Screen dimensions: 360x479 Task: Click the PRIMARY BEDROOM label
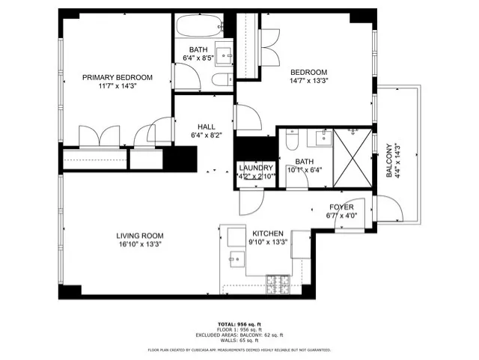coord(118,77)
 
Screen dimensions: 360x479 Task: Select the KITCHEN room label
coord(268,233)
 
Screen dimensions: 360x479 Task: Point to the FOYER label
coord(341,207)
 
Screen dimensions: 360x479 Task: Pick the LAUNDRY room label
coord(257,168)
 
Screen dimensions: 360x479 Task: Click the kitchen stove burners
coord(279,284)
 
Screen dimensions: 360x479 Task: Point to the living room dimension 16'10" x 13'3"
coord(139,243)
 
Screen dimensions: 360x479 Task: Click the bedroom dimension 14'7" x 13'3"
coord(310,81)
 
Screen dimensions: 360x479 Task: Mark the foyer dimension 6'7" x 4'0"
coord(341,216)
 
